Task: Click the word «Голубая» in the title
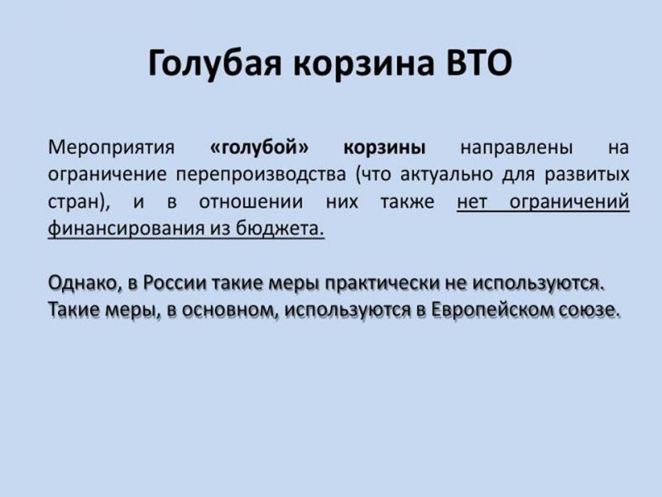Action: click(x=214, y=65)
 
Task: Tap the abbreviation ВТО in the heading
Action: click(x=479, y=63)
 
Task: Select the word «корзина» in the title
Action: click(x=363, y=65)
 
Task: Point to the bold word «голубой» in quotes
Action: click(x=259, y=147)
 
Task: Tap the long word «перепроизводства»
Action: click(x=261, y=176)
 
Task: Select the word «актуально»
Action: click(x=446, y=176)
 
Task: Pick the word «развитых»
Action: click(x=587, y=176)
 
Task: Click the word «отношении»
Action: click(x=251, y=202)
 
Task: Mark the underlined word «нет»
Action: click(x=472, y=202)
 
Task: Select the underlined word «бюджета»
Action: click(x=280, y=229)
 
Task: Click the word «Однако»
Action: click(x=85, y=283)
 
